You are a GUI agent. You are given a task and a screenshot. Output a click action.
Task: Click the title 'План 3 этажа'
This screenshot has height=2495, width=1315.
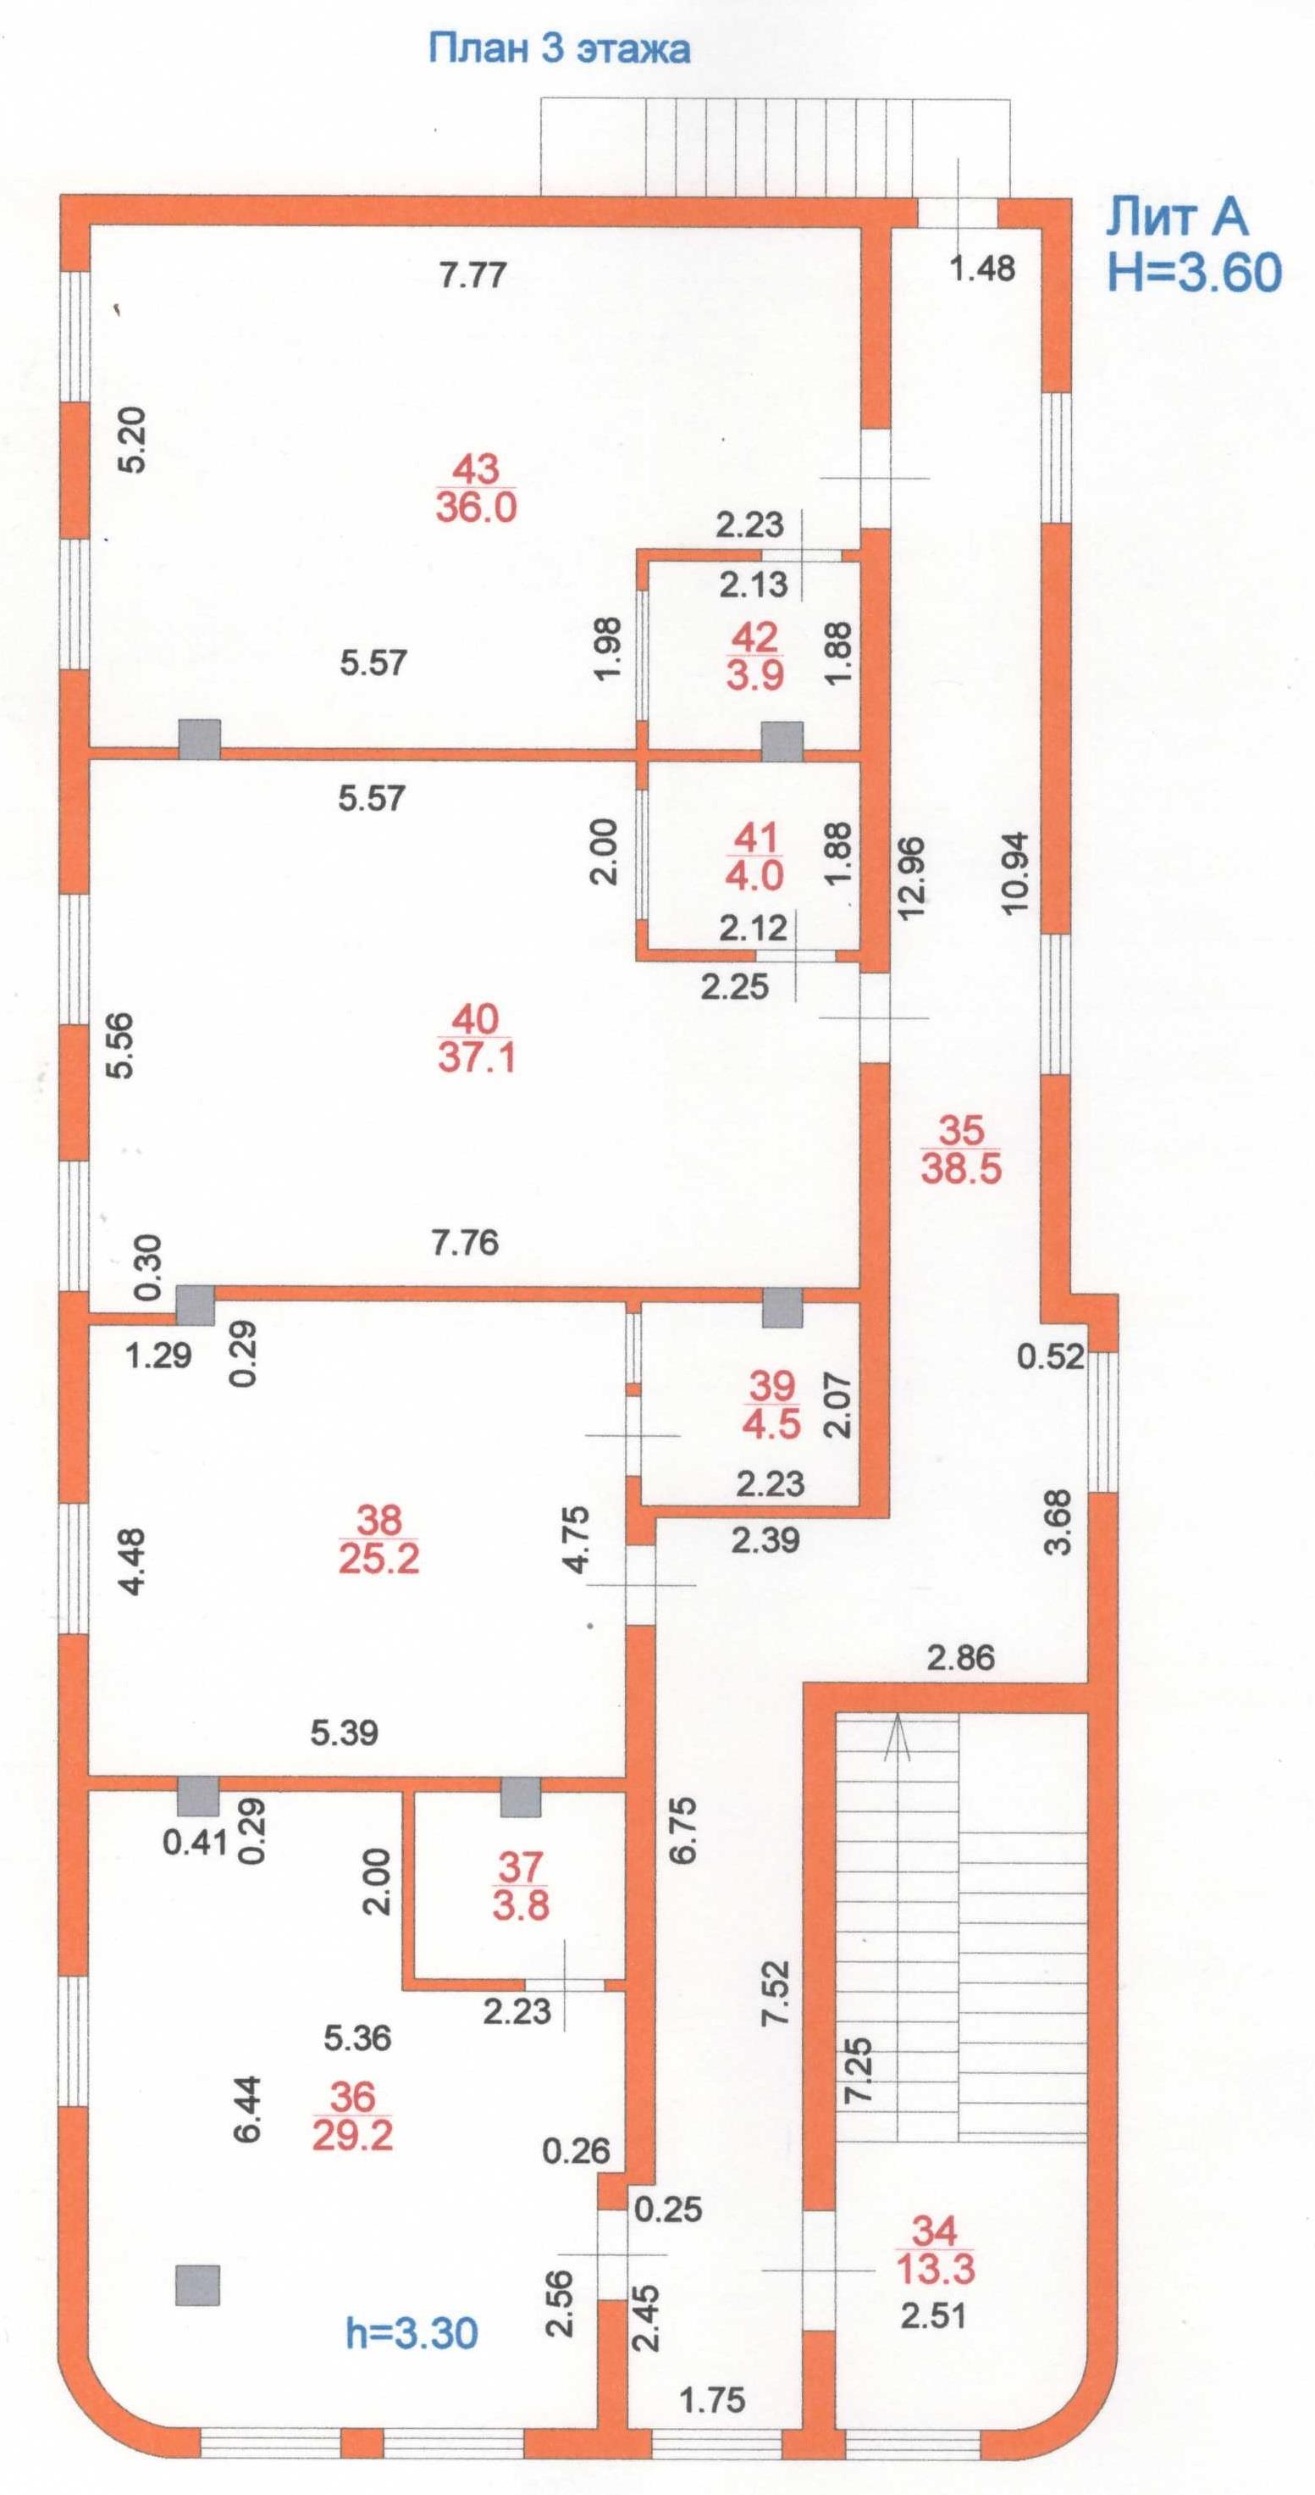coord(559,48)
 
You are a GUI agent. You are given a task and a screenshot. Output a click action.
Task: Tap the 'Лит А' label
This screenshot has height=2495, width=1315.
coord(1176,217)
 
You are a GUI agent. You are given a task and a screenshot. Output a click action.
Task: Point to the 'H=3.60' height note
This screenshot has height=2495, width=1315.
coord(1194,272)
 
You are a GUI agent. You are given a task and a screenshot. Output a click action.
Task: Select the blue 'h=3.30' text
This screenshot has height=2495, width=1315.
coord(412,2333)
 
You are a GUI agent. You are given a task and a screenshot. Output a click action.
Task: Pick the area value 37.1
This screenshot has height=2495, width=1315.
coord(476,1056)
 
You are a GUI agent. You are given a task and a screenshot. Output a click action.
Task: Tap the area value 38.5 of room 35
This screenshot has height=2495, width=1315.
coord(960,1169)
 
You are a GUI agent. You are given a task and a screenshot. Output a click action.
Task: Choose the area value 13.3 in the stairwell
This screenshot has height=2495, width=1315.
coord(935,2268)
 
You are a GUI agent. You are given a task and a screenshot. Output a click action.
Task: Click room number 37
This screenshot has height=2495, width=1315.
coord(521,1866)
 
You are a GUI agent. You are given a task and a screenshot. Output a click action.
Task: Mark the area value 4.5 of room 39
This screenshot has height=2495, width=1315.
coord(771,1425)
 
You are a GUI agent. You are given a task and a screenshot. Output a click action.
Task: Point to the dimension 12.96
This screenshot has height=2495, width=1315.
coord(912,878)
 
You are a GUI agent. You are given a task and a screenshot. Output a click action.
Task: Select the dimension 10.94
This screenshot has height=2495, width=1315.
coord(1014,873)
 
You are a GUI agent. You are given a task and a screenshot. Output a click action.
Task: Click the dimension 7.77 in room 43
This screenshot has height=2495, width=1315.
coord(472,275)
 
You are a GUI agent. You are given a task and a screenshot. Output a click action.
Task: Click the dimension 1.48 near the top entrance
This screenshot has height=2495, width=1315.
coord(982,268)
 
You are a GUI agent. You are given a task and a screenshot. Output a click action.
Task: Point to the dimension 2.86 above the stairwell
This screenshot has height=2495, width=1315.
coord(960,1657)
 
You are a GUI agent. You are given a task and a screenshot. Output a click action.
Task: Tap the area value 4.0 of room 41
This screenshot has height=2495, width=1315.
coord(754,875)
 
